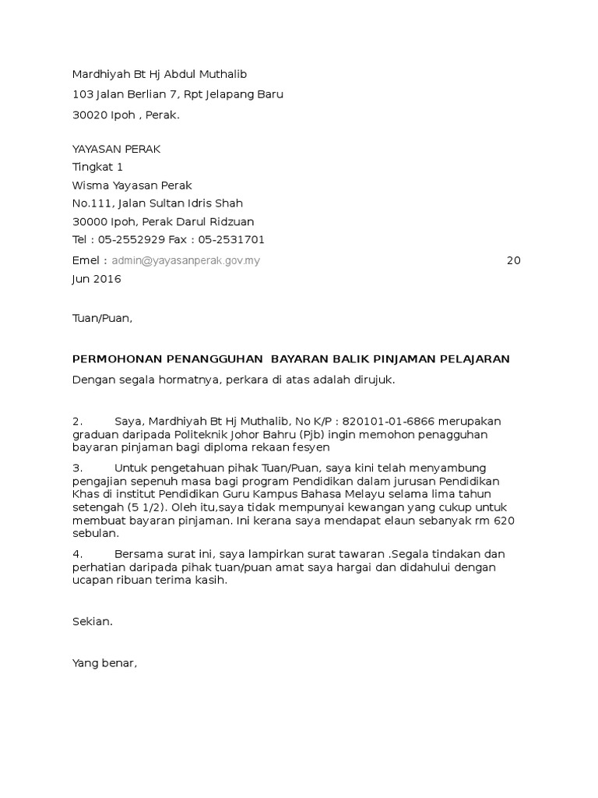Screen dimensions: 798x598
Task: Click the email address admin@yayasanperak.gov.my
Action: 186,261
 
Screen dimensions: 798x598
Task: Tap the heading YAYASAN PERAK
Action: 116,149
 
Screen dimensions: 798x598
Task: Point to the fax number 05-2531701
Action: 231,239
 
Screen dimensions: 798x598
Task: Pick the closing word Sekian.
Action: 92,621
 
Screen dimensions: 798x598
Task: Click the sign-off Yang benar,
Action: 104,663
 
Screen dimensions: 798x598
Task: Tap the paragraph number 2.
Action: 77,422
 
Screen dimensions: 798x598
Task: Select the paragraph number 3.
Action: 77,468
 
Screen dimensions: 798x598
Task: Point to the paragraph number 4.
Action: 77,554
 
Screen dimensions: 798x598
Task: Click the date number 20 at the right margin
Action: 513,261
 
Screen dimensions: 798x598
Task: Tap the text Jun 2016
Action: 97,279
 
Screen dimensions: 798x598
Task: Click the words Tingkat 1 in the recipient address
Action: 97,167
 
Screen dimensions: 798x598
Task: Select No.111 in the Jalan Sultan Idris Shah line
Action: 92,203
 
